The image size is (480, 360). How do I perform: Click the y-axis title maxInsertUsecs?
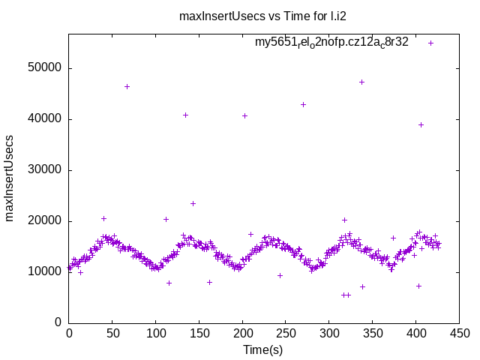click(x=10, y=178)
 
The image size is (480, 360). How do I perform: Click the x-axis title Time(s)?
click(x=262, y=350)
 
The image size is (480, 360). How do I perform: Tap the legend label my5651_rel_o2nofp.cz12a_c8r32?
click(x=331, y=42)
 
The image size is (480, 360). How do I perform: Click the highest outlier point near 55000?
click(x=430, y=43)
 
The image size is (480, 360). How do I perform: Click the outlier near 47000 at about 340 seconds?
click(x=361, y=82)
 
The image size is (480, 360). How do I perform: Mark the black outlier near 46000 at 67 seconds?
click(x=127, y=87)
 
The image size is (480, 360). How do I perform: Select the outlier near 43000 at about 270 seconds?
click(x=303, y=104)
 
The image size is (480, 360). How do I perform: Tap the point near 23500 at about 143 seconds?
click(x=193, y=203)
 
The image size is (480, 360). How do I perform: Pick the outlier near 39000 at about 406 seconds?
click(x=421, y=124)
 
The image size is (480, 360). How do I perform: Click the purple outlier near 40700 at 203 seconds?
click(x=244, y=115)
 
